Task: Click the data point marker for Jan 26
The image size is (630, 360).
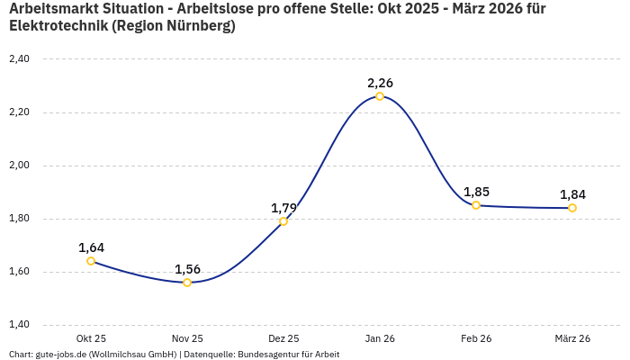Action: pyautogui.click(x=380, y=96)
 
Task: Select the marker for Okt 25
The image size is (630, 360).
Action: pyautogui.click(x=91, y=261)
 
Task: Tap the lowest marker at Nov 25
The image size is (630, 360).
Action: pyautogui.click(x=187, y=283)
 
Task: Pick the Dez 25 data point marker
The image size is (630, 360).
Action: pyautogui.click(x=283, y=221)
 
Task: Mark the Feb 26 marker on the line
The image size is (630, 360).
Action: pyautogui.click(x=476, y=205)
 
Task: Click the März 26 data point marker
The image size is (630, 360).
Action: pyautogui.click(x=572, y=208)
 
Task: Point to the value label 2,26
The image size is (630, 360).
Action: pyautogui.click(x=380, y=83)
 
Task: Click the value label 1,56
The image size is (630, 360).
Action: pyautogui.click(x=187, y=269)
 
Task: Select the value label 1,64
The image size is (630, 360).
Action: pyautogui.click(x=91, y=247)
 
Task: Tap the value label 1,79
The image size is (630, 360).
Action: pyautogui.click(x=283, y=208)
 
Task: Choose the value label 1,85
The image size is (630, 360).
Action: pyautogui.click(x=476, y=192)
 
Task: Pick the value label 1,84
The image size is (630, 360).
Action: pyautogui.click(x=572, y=194)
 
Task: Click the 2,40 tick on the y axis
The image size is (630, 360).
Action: pyautogui.click(x=19, y=59)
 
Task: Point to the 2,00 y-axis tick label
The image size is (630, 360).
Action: pyautogui.click(x=19, y=166)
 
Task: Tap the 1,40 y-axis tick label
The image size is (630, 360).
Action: pyautogui.click(x=19, y=325)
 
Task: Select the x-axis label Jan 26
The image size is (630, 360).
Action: pyautogui.click(x=380, y=338)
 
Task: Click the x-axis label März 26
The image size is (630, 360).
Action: pyautogui.click(x=572, y=338)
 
